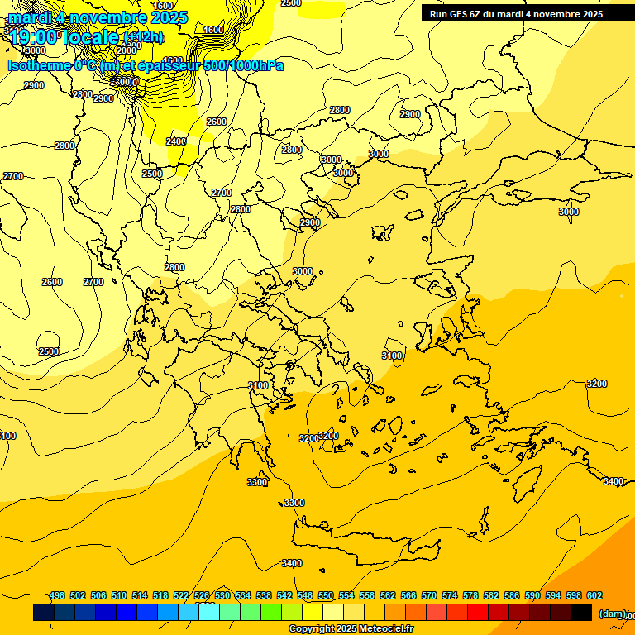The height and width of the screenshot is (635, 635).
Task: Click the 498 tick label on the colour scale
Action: coord(57,595)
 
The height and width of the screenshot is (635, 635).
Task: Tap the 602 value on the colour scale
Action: coord(594,595)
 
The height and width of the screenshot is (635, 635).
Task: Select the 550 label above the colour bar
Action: coord(326,595)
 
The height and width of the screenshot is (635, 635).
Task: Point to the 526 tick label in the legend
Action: coord(202,595)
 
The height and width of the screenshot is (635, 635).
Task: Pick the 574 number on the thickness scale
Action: coord(450,595)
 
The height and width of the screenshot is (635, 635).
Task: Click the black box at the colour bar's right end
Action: coord(581,613)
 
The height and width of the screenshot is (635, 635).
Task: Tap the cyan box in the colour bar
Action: coord(209,613)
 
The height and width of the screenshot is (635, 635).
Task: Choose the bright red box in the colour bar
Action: coord(478,613)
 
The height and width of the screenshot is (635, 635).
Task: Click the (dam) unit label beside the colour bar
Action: coord(612,614)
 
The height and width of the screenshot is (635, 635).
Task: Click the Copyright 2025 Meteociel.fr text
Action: coord(351,629)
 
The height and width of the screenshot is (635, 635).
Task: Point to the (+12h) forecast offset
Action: coord(144,37)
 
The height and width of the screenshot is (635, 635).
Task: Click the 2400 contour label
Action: coord(176,141)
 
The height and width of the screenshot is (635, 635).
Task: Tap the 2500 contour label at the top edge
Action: coord(291,3)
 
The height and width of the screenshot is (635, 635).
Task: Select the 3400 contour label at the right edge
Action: coord(614,481)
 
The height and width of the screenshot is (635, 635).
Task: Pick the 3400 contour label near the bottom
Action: coord(291,563)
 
